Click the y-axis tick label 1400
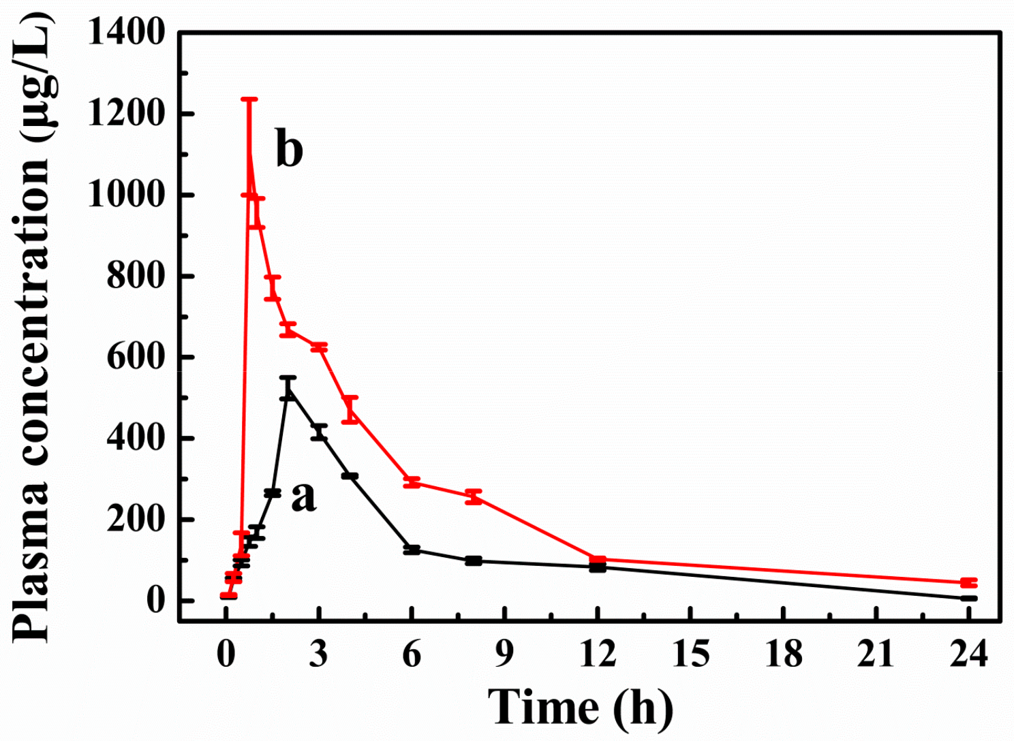(127, 32)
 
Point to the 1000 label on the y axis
(127, 195)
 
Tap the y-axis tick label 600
(136, 357)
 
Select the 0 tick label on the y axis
(155, 600)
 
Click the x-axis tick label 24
(968, 655)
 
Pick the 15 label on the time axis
(690, 655)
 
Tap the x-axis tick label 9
(504, 655)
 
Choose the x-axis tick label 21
(876, 655)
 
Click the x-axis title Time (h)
(580, 707)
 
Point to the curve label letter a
(303, 496)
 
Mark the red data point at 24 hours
(968, 583)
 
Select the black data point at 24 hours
(968, 599)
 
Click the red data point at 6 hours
(412, 482)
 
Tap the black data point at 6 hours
(412, 550)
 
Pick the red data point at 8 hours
(474, 496)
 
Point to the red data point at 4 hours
(350, 409)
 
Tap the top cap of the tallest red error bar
(249, 99)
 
